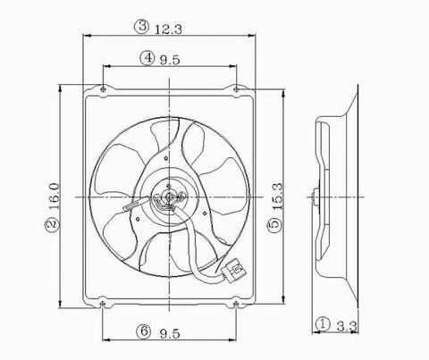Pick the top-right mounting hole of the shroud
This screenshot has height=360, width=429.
[x=237, y=89]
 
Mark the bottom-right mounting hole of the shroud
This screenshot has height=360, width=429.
[x=237, y=304]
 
